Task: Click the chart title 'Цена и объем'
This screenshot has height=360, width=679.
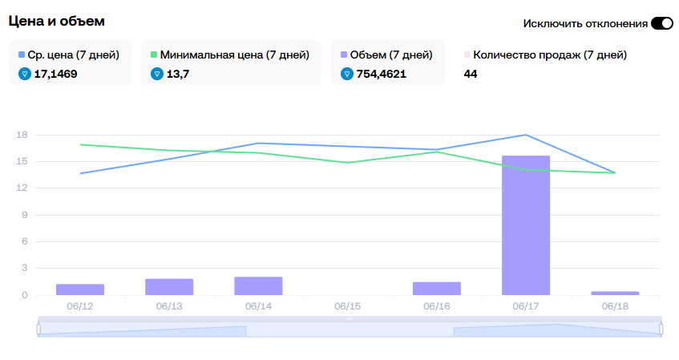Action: tap(56, 21)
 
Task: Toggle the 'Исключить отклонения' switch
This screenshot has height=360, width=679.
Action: tap(661, 23)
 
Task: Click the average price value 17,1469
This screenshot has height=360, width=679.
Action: tap(56, 74)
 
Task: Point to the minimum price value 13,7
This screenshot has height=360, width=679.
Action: tap(178, 74)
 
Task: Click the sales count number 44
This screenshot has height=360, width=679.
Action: tap(471, 74)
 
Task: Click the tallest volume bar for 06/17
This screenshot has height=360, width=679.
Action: tap(525, 225)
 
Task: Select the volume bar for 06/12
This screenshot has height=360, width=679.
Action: tap(80, 289)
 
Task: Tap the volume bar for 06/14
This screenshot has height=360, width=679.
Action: tap(258, 285)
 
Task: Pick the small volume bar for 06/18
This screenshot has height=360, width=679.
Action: tap(614, 293)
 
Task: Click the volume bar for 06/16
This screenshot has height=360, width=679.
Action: tap(436, 289)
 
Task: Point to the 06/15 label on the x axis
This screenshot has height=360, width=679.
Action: tap(347, 306)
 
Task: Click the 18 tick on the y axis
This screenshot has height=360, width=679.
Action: tap(22, 135)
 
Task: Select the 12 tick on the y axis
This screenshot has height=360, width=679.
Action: tap(22, 188)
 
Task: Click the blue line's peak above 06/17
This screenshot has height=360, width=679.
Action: tap(525, 135)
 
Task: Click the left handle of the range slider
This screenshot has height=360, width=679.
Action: tap(38, 329)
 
